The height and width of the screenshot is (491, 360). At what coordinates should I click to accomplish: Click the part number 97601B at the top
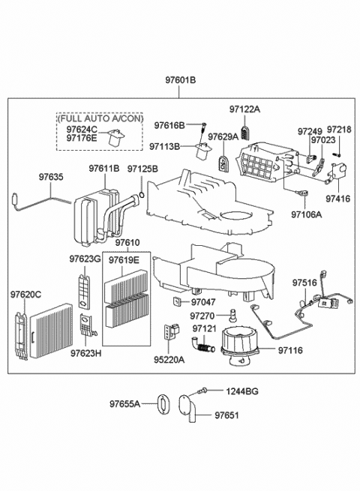click(181, 80)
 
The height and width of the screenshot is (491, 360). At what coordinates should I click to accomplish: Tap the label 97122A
click(244, 109)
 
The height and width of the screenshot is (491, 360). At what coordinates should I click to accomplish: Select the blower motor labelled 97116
click(240, 346)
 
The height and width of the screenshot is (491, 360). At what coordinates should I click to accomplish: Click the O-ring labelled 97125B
click(142, 195)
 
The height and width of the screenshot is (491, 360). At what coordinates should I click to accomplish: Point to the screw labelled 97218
click(337, 154)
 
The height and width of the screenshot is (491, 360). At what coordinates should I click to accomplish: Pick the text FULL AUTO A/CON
click(100, 118)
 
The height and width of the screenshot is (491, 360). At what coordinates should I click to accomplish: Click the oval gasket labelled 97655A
click(163, 404)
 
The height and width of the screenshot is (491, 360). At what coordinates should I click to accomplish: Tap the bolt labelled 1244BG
click(202, 390)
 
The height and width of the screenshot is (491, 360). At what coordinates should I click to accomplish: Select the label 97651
click(226, 415)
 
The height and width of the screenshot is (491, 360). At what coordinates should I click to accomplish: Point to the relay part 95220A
click(171, 331)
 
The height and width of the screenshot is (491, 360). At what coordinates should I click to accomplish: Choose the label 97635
click(51, 177)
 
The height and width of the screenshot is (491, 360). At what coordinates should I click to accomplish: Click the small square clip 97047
click(177, 301)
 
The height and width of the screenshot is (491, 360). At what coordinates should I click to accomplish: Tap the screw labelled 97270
click(232, 316)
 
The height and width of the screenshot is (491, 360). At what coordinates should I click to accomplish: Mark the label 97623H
click(85, 353)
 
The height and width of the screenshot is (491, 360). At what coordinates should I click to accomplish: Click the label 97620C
click(25, 295)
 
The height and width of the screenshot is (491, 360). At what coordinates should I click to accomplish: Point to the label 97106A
click(307, 214)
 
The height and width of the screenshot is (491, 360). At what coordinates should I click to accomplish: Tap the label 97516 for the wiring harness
click(304, 283)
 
